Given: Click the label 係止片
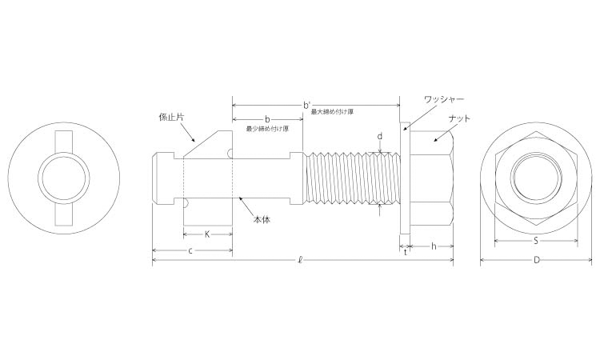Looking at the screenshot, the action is [x=171, y=117].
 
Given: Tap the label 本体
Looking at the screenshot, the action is [x=262, y=219].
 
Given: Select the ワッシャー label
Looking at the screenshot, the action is [x=444, y=99].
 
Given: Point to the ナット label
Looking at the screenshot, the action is [x=459, y=118].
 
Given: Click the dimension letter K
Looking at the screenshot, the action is [x=207, y=234].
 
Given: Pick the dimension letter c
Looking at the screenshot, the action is [x=190, y=251].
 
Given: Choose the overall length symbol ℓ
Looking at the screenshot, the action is [x=301, y=261].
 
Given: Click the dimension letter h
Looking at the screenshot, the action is [x=434, y=246].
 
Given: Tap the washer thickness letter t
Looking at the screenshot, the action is [x=406, y=252].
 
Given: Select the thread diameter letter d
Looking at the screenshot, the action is [x=379, y=137].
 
